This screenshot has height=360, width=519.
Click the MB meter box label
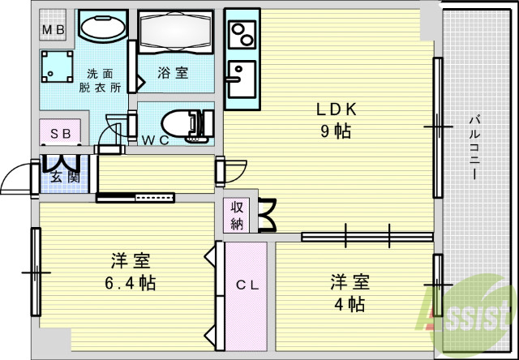click(x=54, y=31)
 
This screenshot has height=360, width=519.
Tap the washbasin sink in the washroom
click(x=102, y=27)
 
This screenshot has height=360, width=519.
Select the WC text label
click(x=155, y=139)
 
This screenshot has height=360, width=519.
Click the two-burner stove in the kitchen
click(x=242, y=34)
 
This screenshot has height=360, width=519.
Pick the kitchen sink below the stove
click(x=241, y=79)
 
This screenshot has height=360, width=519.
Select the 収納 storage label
click(x=236, y=214)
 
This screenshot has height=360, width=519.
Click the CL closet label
click(x=247, y=285)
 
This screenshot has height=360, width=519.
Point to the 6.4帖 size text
click(x=131, y=284)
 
